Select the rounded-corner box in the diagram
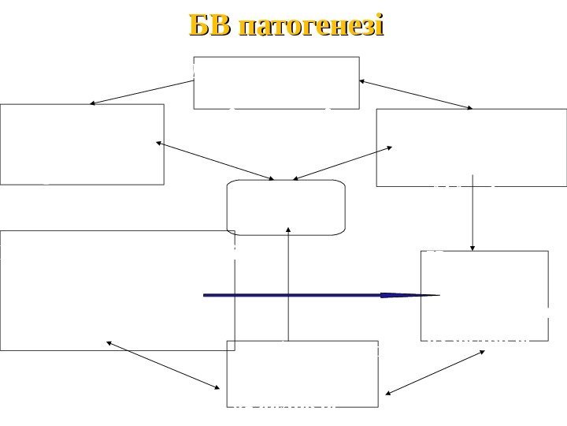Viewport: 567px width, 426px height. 286,207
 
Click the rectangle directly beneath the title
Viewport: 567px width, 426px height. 276,82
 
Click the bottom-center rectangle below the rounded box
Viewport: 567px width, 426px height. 302,374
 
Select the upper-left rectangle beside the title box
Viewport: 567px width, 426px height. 82,144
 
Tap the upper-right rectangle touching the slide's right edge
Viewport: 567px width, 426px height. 471,148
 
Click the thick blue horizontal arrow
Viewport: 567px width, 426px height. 315,295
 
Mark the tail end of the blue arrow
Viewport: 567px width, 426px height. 207,295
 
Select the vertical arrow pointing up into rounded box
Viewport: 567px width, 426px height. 289,284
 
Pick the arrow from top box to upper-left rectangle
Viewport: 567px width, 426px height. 142,92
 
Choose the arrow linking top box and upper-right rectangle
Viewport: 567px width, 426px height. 417,94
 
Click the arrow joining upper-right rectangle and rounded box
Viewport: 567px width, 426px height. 346,162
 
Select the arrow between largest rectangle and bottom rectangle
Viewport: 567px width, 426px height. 163,364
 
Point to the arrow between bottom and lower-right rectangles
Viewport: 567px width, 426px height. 435,372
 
